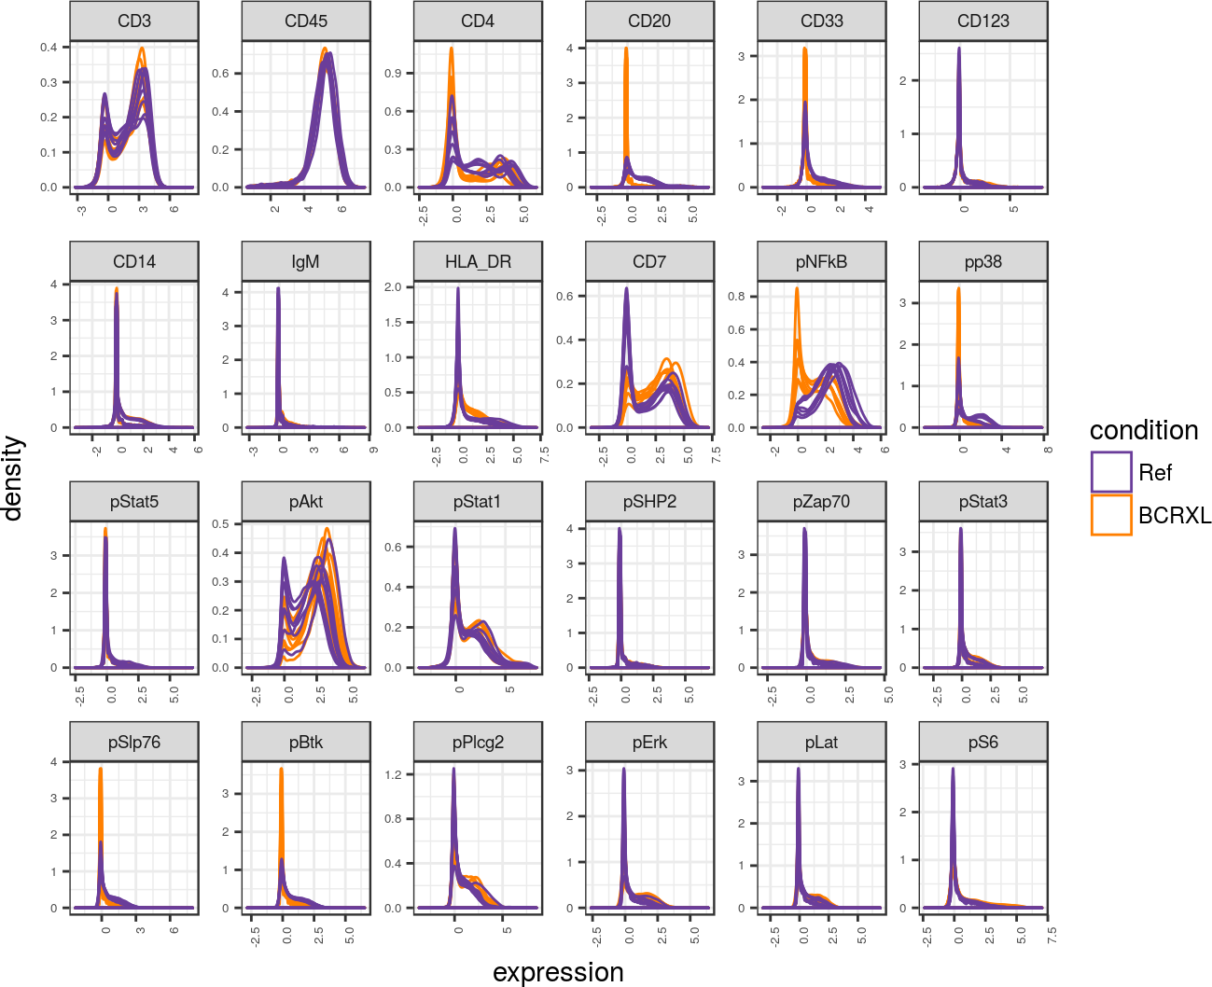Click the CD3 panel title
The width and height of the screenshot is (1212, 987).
pyautogui.click(x=133, y=21)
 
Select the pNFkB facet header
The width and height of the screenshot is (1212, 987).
pyautogui.click(x=821, y=262)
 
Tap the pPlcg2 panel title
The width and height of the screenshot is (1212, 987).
pyautogui.click(x=478, y=743)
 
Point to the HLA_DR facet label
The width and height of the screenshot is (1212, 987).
pyautogui.click(x=478, y=262)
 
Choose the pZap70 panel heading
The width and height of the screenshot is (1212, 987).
pyautogui.click(x=821, y=502)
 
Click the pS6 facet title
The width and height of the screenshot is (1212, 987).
pyautogui.click(x=982, y=743)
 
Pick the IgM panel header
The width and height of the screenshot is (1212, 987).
pyautogui.click(x=305, y=262)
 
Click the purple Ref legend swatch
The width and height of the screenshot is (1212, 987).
pyautogui.click(x=1111, y=472)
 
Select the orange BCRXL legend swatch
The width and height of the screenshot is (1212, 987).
pyautogui.click(x=1111, y=515)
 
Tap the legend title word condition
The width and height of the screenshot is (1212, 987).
pyautogui.click(x=1144, y=430)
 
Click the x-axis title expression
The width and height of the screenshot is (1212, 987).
pyautogui.click(x=558, y=972)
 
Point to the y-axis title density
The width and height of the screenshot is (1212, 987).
pyautogui.click(x=13, y=479)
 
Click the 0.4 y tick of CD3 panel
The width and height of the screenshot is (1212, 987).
pyautogui.click(x=49, y=48)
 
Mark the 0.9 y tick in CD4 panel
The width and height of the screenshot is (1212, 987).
pyautogui.click(x=393, y=73)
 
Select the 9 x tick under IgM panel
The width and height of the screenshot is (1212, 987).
pyautogui.click(x=372, y=450)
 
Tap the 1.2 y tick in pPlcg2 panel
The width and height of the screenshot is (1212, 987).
pyautogui.click(x=393, y=774)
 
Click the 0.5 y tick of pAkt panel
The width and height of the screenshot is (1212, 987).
pyautogui.click(x=220, y=524)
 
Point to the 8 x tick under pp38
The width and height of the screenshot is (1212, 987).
pyautogui.click(x=1048, y=450)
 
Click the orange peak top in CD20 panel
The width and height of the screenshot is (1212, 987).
pyautogui.click(x=626, y=49)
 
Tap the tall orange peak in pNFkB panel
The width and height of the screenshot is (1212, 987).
pyautogui.click(x=797, y=289)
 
